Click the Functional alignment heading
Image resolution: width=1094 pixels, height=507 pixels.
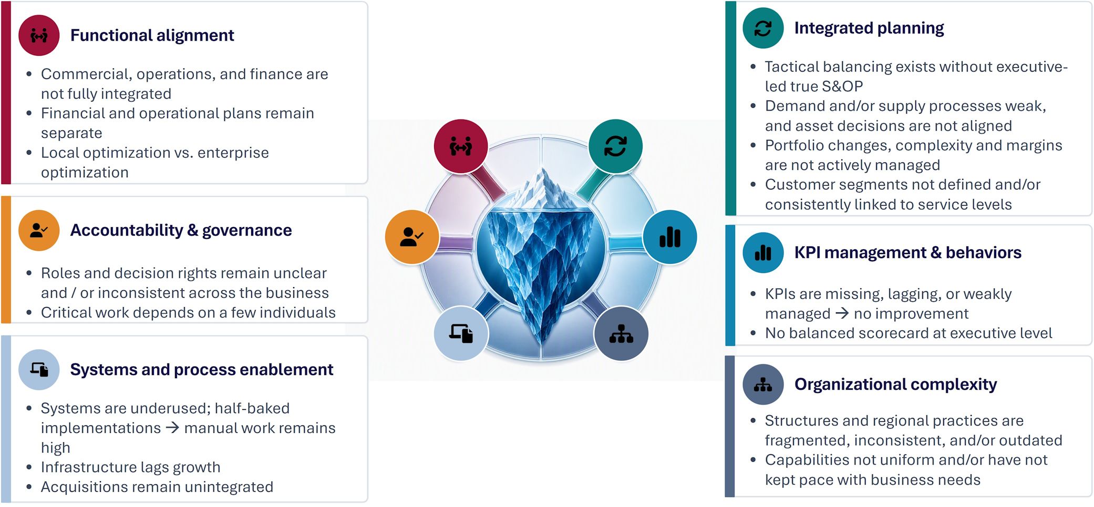[x=152, y=35]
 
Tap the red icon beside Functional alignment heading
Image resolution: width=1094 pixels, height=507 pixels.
[x=39, y=35]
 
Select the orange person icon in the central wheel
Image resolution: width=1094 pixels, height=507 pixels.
[x=412, y=237]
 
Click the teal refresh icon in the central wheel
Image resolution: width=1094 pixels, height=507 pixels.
[x=615, y=146]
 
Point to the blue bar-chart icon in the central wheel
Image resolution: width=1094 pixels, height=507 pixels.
[x=670, y=237]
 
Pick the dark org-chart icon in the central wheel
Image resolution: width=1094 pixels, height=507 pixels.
[x=621, y=333]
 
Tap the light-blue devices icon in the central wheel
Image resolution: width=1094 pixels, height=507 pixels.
[x=461, y=333]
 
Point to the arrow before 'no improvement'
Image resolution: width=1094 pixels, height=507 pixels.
[x=842, y=313]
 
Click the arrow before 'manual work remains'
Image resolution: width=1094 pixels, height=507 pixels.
[x=172, y=428]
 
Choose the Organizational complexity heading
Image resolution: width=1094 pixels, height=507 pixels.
[x=895, y=384]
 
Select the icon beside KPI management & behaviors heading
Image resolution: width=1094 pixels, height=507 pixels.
[x=763, y=252]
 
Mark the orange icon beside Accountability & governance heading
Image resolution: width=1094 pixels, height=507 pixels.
[x=39, y=230]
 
